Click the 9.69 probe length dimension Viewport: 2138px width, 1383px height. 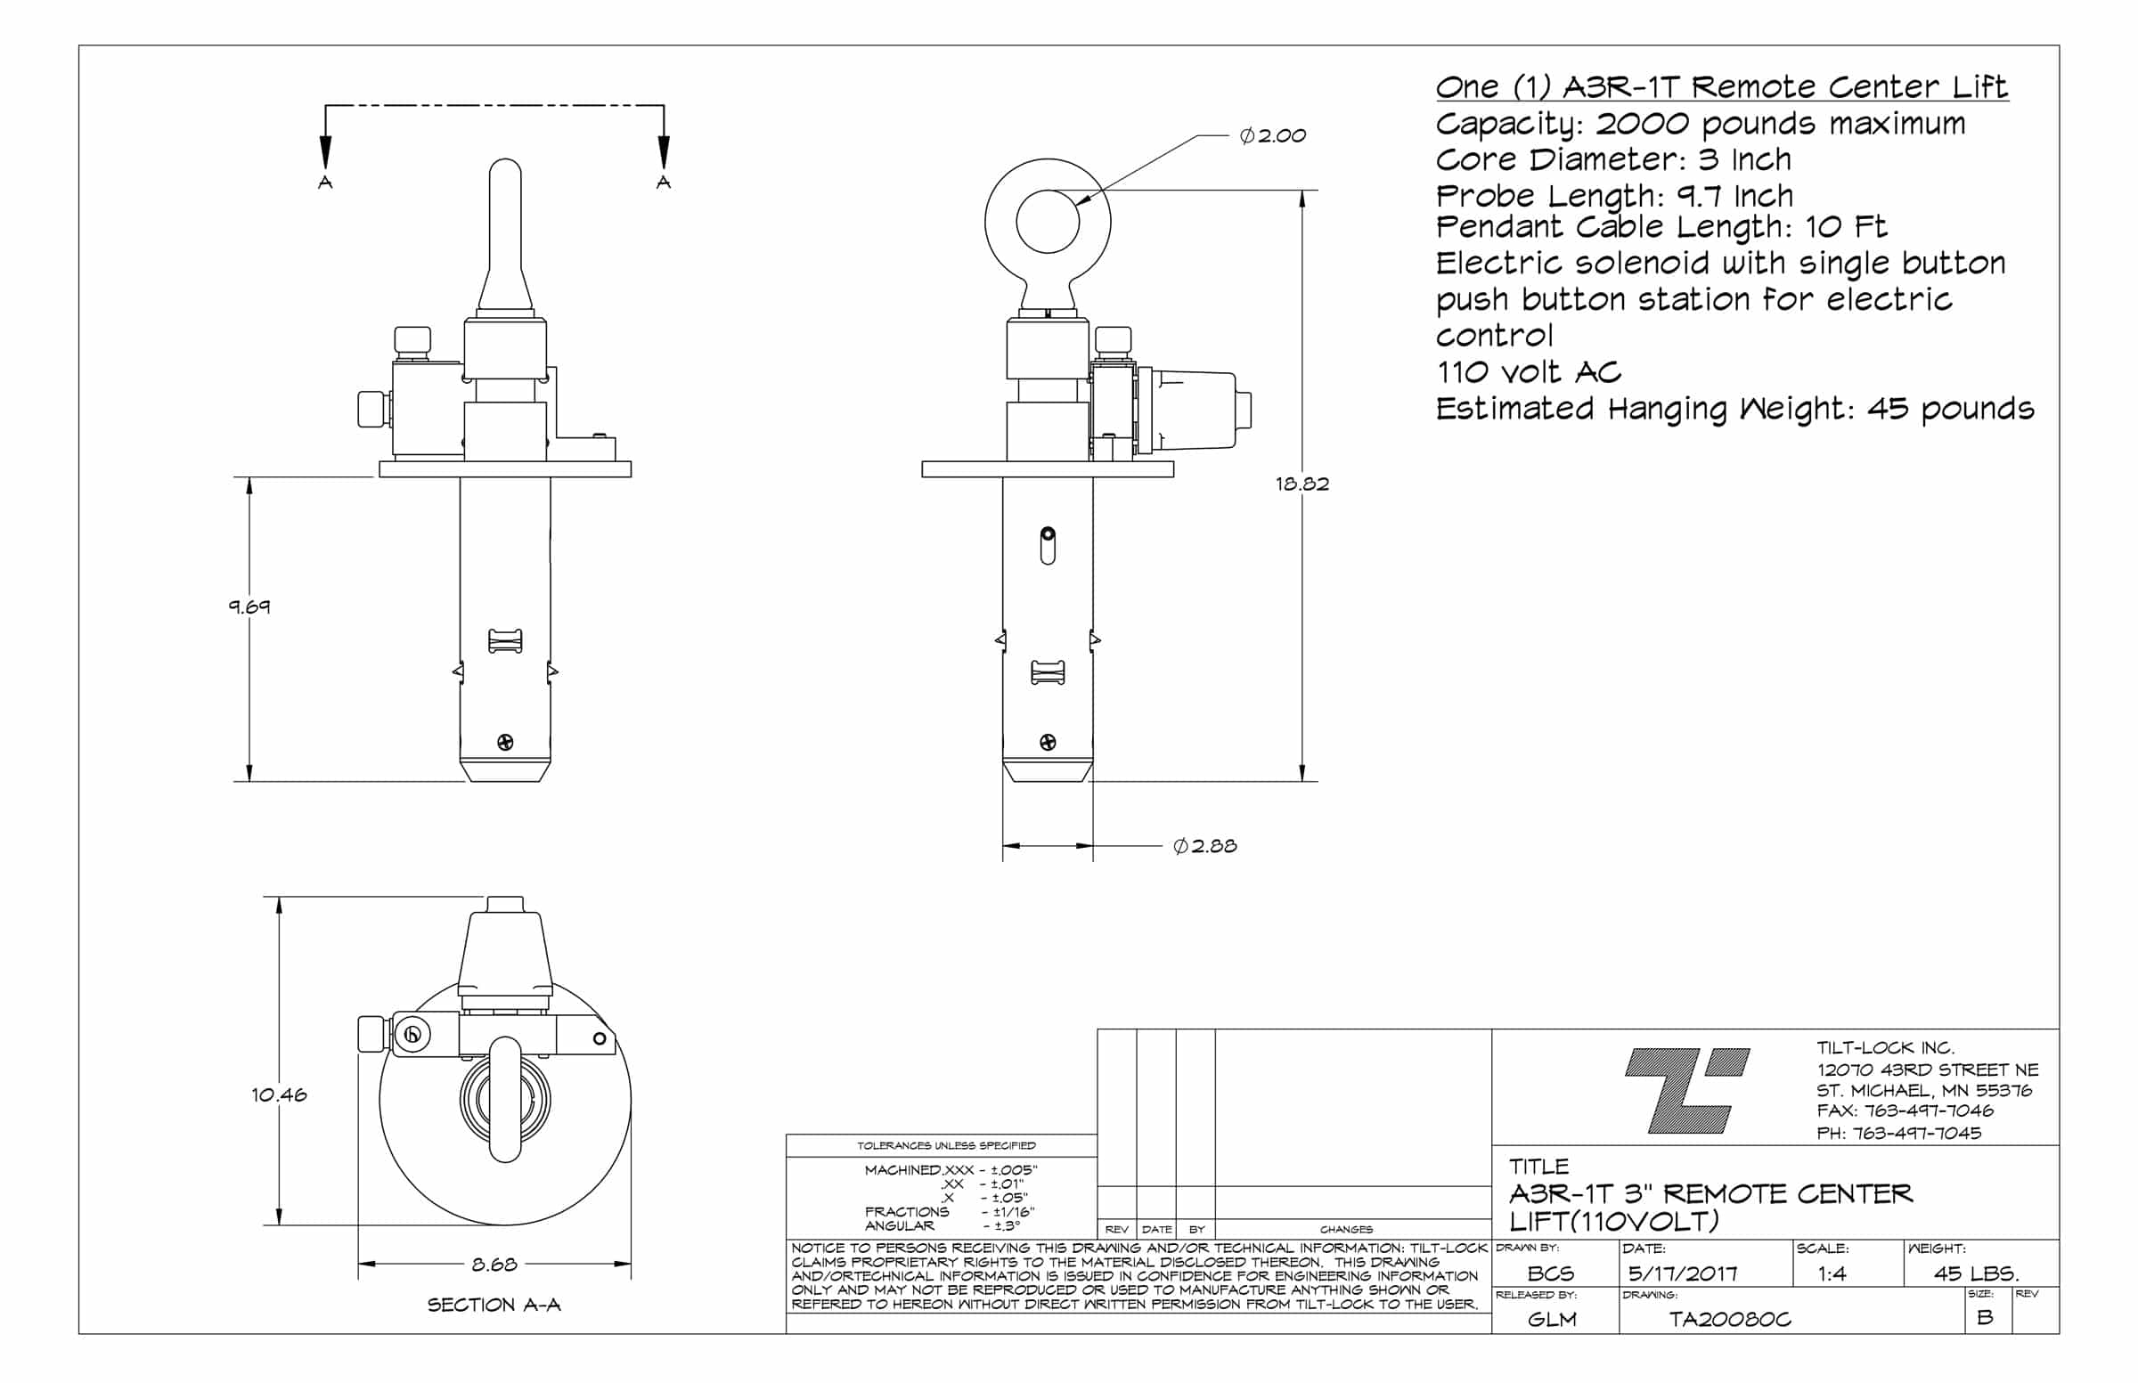(x=249, y=606)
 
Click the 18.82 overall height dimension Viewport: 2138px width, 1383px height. (x=1302, y=484)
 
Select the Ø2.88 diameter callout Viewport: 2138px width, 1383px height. (x=1204, y=846)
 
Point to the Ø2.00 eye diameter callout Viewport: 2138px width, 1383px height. (x=1272, y=135)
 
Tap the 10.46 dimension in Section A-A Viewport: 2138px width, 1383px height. (x=279, y=1094)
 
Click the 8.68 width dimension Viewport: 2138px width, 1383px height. (x=494, y=1265)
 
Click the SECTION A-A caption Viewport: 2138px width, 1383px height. (x=494, y=1305)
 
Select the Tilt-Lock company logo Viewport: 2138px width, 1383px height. (x=1687, y=1089)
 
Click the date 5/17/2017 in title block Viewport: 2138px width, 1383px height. (x=1683, y=1273)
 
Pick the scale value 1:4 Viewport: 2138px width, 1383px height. (x=1832, y=1273)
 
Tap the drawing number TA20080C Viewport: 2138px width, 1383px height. (x=1729, y=1319)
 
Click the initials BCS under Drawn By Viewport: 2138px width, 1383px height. (x=1551, y=1273)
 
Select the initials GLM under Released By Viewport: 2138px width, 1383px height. (x=1552, y=1319)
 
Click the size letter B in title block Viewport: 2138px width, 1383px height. (x=1985, y=1317)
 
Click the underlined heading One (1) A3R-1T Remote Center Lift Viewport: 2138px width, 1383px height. (x=1721, y=87)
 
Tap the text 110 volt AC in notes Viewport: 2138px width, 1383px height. (x=1528, y=371)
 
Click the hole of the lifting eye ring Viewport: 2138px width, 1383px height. (x=1048, y=221)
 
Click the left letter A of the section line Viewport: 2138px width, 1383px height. (x=325, y=183)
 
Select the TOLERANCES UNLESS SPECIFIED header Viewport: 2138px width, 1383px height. (x=946, y=1146)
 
